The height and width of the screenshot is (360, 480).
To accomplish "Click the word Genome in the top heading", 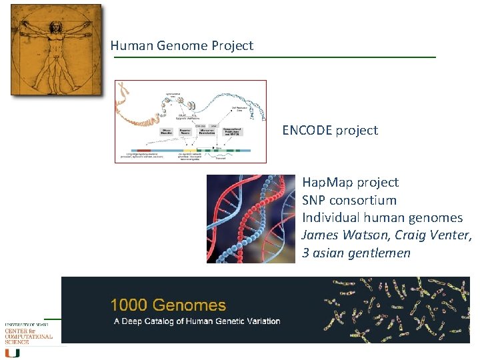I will pos(176,46).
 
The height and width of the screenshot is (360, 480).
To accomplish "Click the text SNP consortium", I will pos(349,200).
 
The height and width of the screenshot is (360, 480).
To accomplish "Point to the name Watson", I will pos(366,235).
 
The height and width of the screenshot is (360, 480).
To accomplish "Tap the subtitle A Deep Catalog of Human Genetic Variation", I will pos(195,321).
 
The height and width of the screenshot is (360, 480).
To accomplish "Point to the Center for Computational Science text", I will pos(28,334).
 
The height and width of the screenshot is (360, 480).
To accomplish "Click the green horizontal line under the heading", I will pos(273,57).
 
